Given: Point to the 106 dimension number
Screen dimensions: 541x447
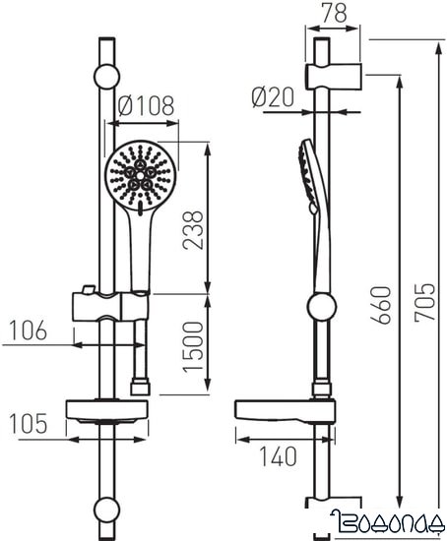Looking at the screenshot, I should (x=24, y=331).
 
